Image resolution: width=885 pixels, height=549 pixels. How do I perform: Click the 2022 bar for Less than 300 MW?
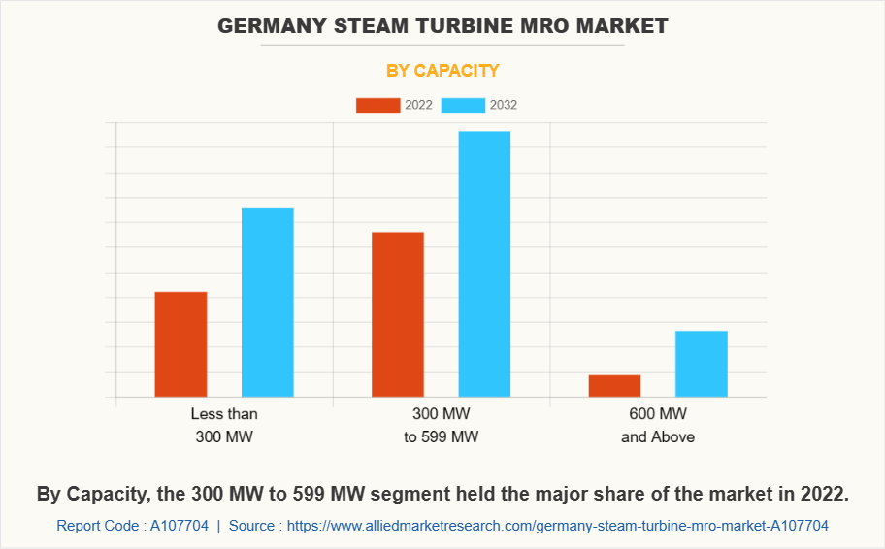180,344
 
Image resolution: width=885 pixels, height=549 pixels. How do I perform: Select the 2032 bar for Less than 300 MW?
267,302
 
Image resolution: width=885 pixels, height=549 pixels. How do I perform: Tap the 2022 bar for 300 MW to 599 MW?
398,314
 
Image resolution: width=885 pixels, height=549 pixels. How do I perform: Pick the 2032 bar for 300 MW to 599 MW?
484,264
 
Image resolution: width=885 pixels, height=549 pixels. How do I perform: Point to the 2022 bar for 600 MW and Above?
614,386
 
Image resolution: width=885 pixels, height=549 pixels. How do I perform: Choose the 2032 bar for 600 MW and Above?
701,364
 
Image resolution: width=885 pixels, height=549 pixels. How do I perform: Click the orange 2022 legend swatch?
377,105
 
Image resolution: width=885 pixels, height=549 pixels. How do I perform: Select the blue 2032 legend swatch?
463,105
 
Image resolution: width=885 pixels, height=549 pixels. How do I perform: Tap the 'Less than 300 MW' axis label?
224,425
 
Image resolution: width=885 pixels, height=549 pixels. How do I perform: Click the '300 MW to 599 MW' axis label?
442,425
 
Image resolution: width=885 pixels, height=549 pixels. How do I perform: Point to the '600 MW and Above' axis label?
658,425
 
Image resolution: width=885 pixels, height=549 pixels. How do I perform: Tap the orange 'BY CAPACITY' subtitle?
442,70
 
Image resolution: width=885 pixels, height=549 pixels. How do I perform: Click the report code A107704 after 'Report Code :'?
178,526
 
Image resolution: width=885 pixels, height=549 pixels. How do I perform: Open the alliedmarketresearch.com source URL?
558,526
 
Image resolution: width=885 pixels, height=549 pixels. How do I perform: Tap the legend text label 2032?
504,105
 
